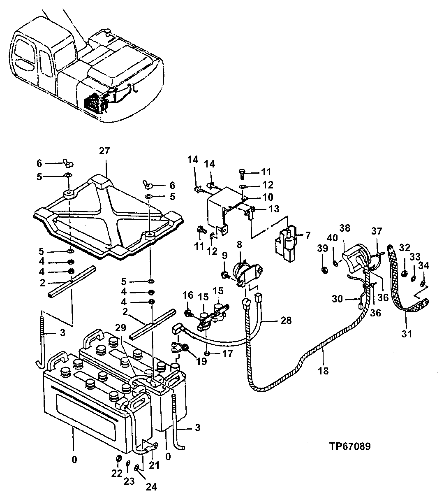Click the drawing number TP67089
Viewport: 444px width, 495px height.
tap(349, 446)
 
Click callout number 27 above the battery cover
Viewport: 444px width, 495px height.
tap(104, 151)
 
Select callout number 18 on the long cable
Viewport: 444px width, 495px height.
tap(324, 371)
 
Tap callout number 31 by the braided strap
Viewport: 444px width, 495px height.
tap(406, 334)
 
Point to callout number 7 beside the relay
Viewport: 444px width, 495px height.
tap(308, 235)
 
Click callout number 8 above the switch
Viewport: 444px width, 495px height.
tap(239, 244)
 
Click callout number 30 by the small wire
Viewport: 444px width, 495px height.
tap(337, 300)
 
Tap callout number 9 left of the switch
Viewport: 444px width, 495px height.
tap(224, 256)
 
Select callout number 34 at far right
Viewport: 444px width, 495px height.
tap(423, 266)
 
